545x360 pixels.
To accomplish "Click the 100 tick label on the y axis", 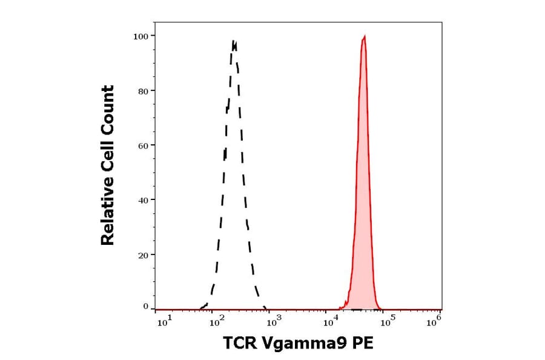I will pyautogui.click(x=140, y=36).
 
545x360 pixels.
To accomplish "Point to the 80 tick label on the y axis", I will pyautogui.click(x=142, y=91).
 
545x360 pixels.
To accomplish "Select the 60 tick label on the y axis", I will pyautogui.click(x=142, y=145).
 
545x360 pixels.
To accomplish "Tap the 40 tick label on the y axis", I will pyautogui.click(x=142, y=200).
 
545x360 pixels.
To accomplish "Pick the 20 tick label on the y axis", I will pyautogui.click(x=142, y=255).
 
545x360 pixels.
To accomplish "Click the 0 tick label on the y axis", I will pyautogui.click(x=145, y=307).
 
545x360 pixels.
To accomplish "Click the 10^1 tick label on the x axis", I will pyautogui.click(x=164, y=322).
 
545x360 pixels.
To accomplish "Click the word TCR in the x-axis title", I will pyautogui.click(x=241, y=344).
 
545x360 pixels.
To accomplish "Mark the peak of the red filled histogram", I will pyautogui.click(x=364, y=36).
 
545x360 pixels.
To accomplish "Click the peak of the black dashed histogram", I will pyautogui.click(x=234, y=41).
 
